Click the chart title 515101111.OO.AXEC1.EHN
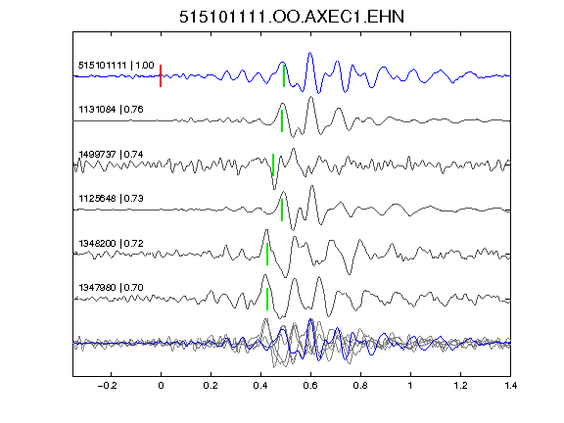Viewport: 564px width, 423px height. [292, 17]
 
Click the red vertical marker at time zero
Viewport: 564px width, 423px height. [161, 75]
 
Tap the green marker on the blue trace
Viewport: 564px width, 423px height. [284, 75]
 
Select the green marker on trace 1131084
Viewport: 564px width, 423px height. [282, 120]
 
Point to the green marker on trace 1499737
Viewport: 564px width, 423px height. [273, 165]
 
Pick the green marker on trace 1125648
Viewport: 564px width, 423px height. [282, 211]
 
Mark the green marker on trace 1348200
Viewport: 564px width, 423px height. [267, 254]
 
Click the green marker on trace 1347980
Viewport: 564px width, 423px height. [267, 299]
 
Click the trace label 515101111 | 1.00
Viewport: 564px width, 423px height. [117, 66]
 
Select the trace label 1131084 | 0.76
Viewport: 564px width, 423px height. [112, 110]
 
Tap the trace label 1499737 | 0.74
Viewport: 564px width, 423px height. [112, 155]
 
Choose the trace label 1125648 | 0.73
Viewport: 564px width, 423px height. [112, 199]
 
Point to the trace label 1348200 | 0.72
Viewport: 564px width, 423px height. [112, 244]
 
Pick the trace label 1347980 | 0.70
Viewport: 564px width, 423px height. [112, 288]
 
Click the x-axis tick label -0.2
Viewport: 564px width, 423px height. [107, 386]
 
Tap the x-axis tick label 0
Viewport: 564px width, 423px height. [161, 386]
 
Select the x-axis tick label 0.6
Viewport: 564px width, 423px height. [310, 386]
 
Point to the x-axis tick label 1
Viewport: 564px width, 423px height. [410, 386]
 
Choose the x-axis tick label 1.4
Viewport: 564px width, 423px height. [510, 386]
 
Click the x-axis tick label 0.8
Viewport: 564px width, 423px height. [360, 386]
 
